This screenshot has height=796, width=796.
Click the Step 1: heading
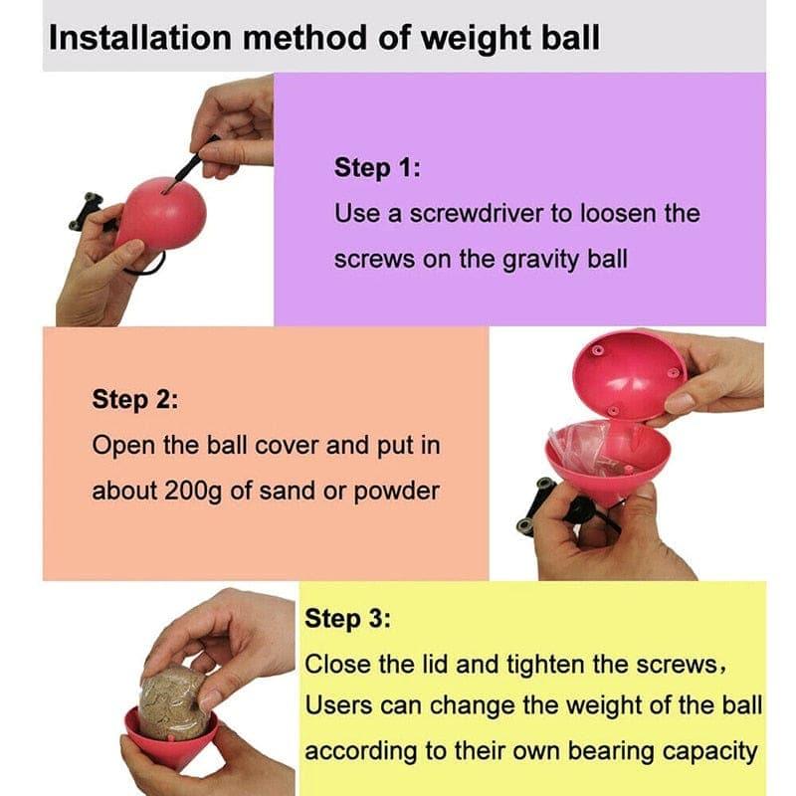point(377,167)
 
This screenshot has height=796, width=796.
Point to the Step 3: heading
point(347,618)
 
